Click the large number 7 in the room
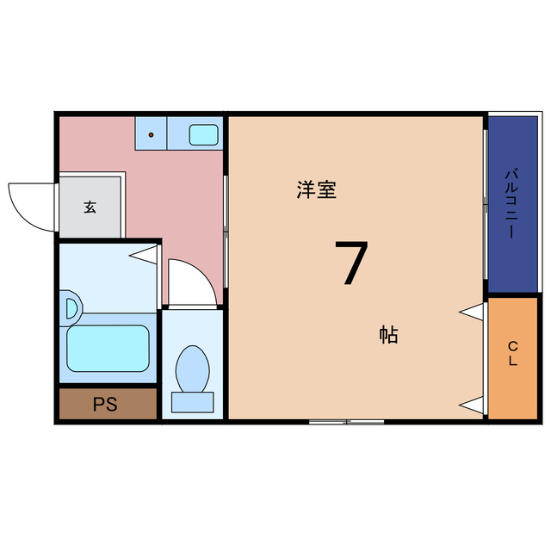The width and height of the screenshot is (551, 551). tap(351, 263)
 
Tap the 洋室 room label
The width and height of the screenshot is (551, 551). tap(316, 190)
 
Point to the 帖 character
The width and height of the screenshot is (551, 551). tap(388, 335)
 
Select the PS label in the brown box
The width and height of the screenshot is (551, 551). tap(106, 404)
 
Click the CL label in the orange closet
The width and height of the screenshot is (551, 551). tap(512, 354)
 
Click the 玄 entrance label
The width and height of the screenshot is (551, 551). tap(90, 207)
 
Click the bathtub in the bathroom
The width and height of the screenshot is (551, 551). tap(108, 347)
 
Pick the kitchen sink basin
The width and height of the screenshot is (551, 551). tap(203, 134)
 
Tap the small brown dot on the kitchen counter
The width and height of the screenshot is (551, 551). tap(152, 135)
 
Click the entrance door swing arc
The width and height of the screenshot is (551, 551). tap(28, 205)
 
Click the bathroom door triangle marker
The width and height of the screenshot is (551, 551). tap(145, 255)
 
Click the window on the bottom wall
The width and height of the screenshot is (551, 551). tap(346, 421)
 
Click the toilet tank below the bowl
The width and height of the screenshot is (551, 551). tap(192, 401)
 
